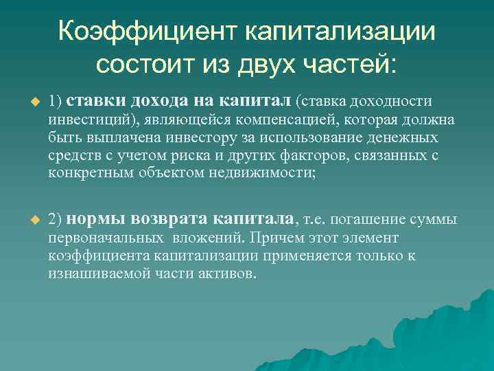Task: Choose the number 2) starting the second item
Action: click(x=56, y=220)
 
